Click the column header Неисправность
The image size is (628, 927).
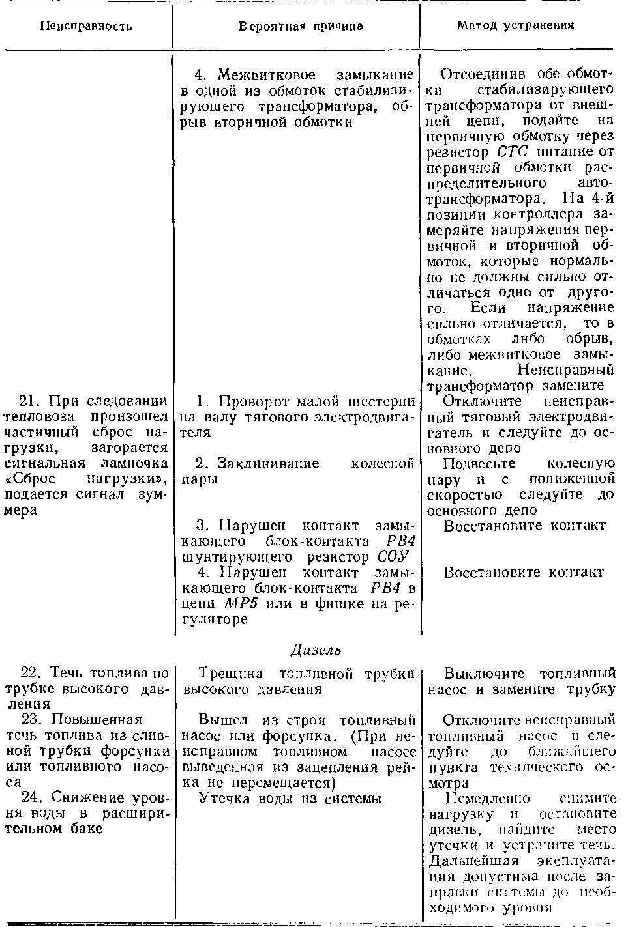pyautogui.click(x=87, y=27)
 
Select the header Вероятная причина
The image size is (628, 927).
pyautogui.click(x=301, y=27)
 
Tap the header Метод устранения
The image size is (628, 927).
pyautogui.click(x=515, y=25)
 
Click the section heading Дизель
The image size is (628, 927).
pyautogui.click(x=316, y=650)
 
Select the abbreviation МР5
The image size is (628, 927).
pyautogui.click(x=242, y=604)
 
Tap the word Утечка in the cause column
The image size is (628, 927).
pyautogui.click(x=222, y=798)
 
